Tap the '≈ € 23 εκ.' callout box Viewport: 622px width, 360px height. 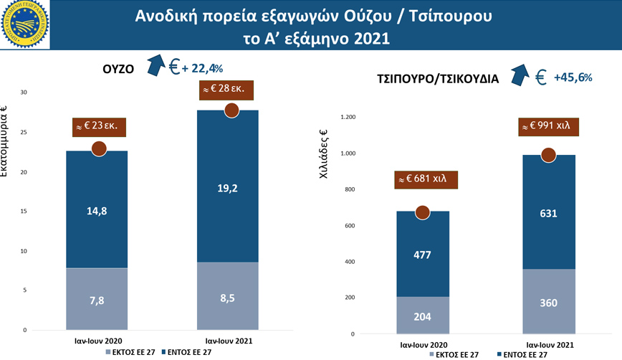tap(100, 128)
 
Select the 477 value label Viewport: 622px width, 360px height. tap(423, 255)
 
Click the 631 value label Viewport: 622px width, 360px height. tap(549, 212)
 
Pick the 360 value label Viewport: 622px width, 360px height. tap(549, 303)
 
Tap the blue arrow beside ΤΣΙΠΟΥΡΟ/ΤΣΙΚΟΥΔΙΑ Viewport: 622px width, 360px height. tap(520, 75)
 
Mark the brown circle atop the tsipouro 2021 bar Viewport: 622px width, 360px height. tap(549, 155)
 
